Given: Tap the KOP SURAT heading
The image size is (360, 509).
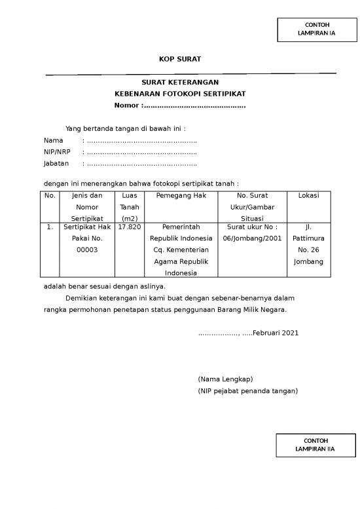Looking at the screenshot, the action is (180, 60).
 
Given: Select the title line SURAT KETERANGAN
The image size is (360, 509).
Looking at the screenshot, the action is (180, 83).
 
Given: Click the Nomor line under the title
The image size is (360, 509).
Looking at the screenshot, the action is (180, 105).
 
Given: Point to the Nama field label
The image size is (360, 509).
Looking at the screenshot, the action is (53, 140).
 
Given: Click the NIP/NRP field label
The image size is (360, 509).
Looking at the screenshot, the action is (57, 151).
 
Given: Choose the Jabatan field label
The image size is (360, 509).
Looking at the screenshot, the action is (56, 162).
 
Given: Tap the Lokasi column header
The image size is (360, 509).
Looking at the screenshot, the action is (308, 195).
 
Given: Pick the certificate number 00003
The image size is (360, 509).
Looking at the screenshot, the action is (87, 250).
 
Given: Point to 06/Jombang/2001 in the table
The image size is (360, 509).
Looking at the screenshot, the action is (252, 238).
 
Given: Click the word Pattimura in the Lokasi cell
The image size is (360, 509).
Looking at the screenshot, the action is (308, 238).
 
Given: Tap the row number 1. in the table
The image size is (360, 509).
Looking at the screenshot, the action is (50, 227).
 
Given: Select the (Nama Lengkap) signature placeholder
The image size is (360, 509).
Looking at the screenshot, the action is (225, 379).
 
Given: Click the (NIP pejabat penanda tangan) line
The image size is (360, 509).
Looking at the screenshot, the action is (247, 391).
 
